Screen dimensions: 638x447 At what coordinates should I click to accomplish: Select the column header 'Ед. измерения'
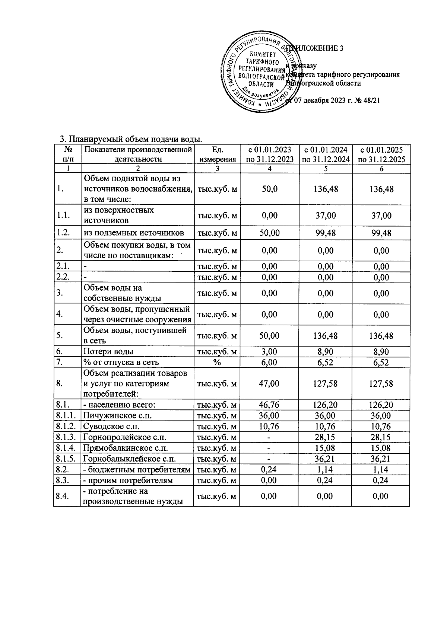pyautogui.click(x=217, y=154)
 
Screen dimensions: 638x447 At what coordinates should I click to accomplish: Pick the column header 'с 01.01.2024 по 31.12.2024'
pyautogui.click(x=326, y=154)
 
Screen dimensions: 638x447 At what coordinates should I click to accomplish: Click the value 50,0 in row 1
pyautogui.click(x=269, y=189)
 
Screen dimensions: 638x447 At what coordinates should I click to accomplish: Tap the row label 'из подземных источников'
pyautogui.click(x=134, y=233)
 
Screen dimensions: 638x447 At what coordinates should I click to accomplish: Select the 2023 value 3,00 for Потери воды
pyautogui.click(x=269, y=352)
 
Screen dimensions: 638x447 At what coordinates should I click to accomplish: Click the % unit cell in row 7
pyautogui.click(x=217, y=362)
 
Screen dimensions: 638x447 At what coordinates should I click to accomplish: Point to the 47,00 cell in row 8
pyautogui.click(x=269, y=384)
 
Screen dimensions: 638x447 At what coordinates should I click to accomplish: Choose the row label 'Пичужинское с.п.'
pyautogui.click(x=118, y=416)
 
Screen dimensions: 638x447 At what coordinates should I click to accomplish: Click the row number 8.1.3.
pyautogui.click(x=67, y=437)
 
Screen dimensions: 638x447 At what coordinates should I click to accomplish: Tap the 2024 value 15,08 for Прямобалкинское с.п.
pyautogui.click(x=326, y=448)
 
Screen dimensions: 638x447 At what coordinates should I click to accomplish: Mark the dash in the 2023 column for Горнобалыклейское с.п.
pyautogui.click(x=269, y=459)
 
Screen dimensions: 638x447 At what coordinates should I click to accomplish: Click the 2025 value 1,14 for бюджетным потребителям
pyautogui.click(x=381, y=470)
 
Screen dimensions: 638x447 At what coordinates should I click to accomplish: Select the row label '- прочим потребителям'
pyautogui.click(x=129, y=481)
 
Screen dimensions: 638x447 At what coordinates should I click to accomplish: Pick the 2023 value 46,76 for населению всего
pyautogui.click(x=269, y=405)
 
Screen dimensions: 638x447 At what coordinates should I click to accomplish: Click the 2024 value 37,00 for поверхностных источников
pyautogui.click(x=326, y=216)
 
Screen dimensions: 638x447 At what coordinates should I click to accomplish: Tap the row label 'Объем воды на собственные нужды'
pyautogui.click(x=123, y=293)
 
